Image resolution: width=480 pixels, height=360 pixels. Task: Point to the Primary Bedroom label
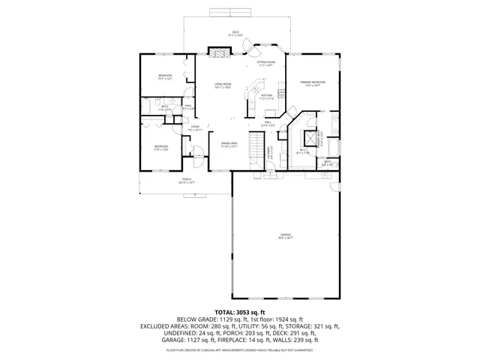pos(312,82)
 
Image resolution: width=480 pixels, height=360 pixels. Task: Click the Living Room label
pos(222,84)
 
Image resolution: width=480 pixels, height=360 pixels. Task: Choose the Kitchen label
pos(266,95)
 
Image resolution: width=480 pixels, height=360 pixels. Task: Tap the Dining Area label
pos(229,143)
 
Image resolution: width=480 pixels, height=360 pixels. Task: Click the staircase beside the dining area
pos(256,143)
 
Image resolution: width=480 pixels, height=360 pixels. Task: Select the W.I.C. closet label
pos(303,151)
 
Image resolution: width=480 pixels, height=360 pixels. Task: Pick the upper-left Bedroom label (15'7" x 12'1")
pos(165,76)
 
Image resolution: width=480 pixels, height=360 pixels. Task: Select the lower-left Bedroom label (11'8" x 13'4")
pos(161,146)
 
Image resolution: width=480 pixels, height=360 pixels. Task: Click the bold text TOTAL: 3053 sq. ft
pos(240,311)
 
